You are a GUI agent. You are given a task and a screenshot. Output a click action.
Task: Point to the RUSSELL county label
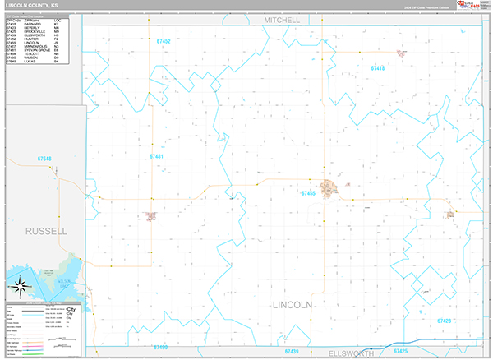[46, 231]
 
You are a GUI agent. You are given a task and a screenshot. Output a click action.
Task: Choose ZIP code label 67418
[378, 68]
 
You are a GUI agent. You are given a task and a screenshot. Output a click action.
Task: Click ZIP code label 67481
[156, 156]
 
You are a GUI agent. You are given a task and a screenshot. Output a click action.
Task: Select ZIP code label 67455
[308, 193]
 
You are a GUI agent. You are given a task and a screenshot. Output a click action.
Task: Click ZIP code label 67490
[160, 348]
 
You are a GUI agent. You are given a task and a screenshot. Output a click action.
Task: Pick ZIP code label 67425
[400, 352]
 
